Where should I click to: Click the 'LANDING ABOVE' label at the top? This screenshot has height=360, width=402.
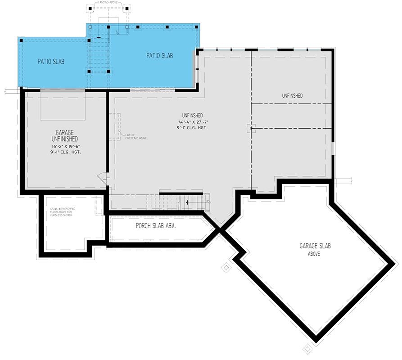(109, 3)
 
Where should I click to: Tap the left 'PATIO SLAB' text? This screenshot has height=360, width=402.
(50, 62)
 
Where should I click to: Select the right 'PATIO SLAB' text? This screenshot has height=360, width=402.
(160, 56)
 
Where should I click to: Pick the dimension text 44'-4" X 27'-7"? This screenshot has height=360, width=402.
(193, 122)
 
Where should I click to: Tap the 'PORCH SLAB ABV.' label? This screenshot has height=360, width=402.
(156, 226)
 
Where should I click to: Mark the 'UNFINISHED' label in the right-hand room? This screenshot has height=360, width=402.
(292, 96)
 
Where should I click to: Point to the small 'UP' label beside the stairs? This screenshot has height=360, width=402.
(208, 201)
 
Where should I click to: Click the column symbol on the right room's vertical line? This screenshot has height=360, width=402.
(251, 129)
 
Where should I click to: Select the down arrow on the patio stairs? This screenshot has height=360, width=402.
(99, 38)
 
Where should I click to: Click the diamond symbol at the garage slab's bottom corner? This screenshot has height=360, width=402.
(308, 349)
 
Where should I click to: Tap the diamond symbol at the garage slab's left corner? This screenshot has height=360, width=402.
(225, 268)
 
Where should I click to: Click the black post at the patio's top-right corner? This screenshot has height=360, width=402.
(197, 27)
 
